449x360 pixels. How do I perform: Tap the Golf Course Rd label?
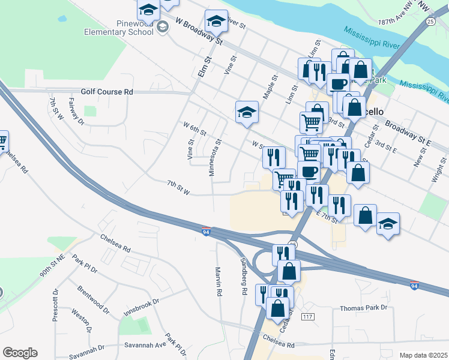tap(107, 92)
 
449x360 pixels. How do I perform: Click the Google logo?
tap(20, 353)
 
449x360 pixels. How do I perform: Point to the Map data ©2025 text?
tap(423, 355)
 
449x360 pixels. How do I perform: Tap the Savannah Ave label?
tap(145, 345)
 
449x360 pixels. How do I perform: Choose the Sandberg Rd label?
tap(244, 277)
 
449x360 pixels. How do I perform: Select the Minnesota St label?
tap(211, 158)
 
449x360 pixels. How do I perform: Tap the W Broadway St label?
tap(199, 30)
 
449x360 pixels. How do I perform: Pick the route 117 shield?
tap(309, 316)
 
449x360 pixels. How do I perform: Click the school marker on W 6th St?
tap(246, 112)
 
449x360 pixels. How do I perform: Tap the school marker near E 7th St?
tap(388, 224)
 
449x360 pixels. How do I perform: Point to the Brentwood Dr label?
tap(93, 299)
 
